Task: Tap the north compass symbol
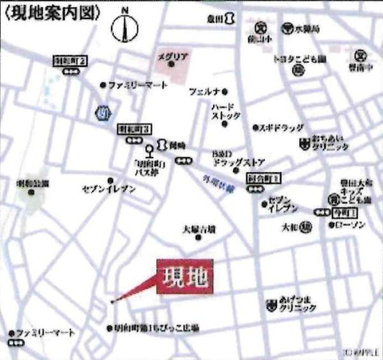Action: click(x=125, y=26)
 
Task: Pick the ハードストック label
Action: click(x=227, y=111)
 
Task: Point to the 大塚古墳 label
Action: click(x=199, y=229)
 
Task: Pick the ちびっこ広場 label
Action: click(x=157, y=328)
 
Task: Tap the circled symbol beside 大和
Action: click(x=306, y=225)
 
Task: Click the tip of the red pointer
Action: click(x=112, y=301)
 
